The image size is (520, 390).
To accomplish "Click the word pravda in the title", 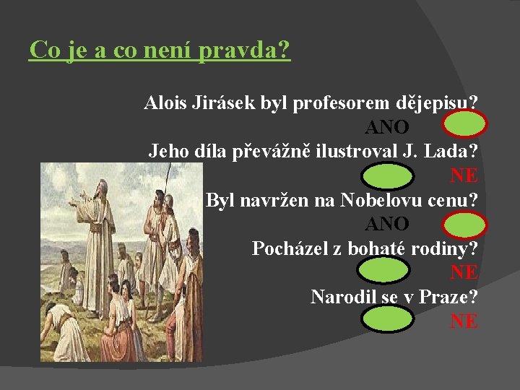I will [x=246, y=51].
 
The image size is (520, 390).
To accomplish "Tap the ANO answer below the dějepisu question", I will [x=387, y=127].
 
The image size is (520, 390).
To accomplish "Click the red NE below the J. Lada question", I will [x=464, y=175].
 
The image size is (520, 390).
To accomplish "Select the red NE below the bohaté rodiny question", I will [x=464, y=273].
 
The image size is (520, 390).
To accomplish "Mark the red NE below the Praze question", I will [x=464, y=321].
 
